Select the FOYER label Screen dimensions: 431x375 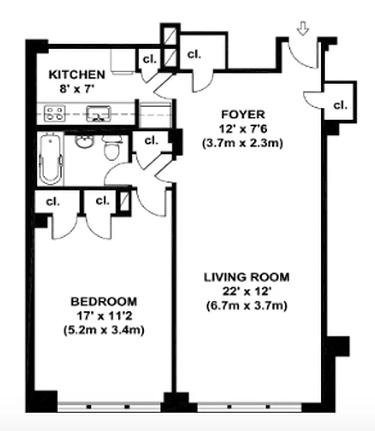(244, 114)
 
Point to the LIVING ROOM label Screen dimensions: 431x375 (246, 277)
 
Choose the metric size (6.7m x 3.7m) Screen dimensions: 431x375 (246, 306)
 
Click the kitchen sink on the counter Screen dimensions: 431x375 (98, 114)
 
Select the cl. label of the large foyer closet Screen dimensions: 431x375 (194, 54)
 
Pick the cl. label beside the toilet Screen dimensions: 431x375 (151, 141)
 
